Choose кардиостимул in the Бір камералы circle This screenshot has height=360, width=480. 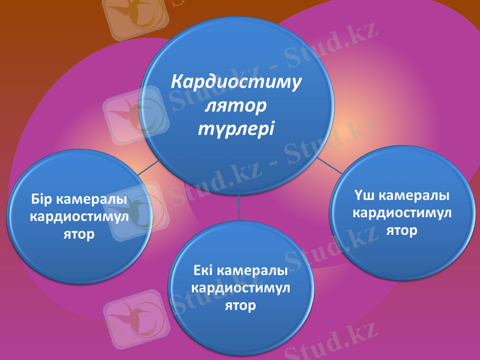tap(79, 217)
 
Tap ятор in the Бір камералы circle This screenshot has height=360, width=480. tap(79, 234)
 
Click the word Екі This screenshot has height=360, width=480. tap(203, 271)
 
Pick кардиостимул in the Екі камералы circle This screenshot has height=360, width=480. tap(240, 288)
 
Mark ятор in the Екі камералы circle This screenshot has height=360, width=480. tap(240, 305)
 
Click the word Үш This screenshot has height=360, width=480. tap(364, 196)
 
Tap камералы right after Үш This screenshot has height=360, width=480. tap(414, 196)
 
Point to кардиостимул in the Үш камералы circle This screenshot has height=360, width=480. tap(401, 213)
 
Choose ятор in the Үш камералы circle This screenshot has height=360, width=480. tap(401, 230)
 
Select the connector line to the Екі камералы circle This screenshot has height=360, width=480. tap(239, 207)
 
